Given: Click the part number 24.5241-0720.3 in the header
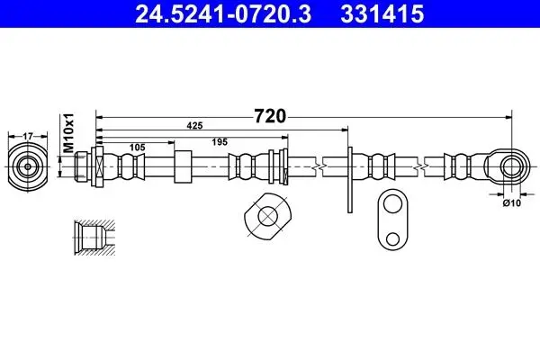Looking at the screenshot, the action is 223,14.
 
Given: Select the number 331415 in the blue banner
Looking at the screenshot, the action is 382,14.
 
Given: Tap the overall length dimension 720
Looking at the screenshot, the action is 270,116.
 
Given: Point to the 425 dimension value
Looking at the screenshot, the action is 194,126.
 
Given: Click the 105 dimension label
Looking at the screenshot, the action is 137,148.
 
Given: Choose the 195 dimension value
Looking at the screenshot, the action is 220,142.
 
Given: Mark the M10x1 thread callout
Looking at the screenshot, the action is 69,132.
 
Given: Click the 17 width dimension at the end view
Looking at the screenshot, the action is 28,137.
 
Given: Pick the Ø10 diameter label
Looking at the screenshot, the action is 512,203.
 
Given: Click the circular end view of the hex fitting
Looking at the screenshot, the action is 28,167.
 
